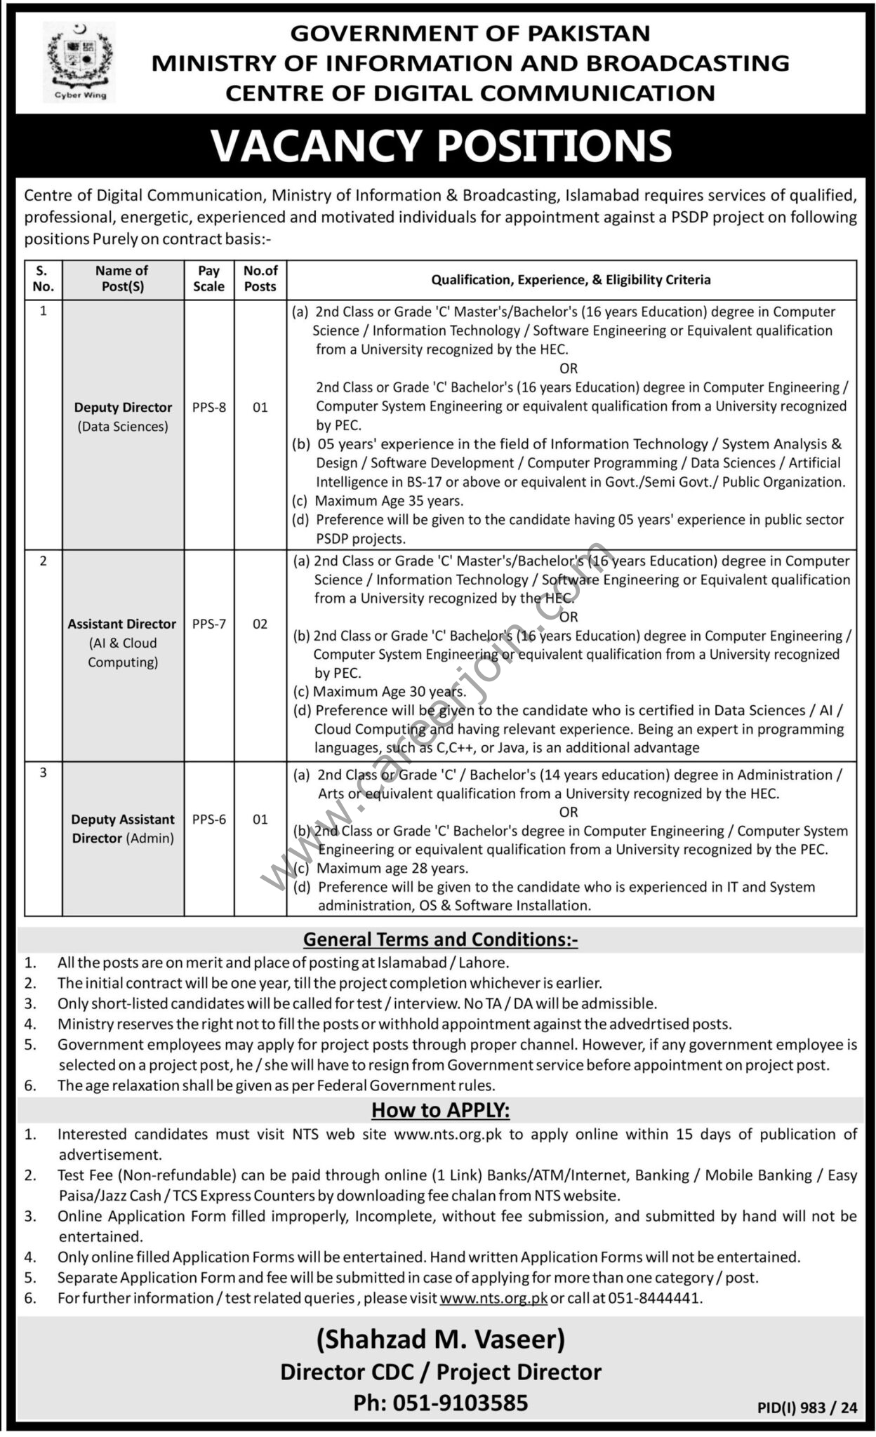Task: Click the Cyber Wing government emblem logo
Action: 79,62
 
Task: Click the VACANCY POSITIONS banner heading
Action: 441,145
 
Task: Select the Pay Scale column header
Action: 208,279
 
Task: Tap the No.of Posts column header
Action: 260,279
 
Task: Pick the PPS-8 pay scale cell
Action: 208,407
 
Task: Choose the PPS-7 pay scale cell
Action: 208,624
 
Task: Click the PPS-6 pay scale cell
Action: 208,819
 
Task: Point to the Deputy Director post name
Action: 123,408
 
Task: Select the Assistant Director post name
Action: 122,624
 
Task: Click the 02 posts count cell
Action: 260,624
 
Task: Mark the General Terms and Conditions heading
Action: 440,940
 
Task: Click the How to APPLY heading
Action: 440,1110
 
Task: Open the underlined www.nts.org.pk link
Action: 493,1298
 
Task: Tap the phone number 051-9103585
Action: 441,1403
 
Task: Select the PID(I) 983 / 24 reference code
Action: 807,1408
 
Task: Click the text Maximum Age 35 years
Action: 389,501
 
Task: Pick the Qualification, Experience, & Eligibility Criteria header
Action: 571,280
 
